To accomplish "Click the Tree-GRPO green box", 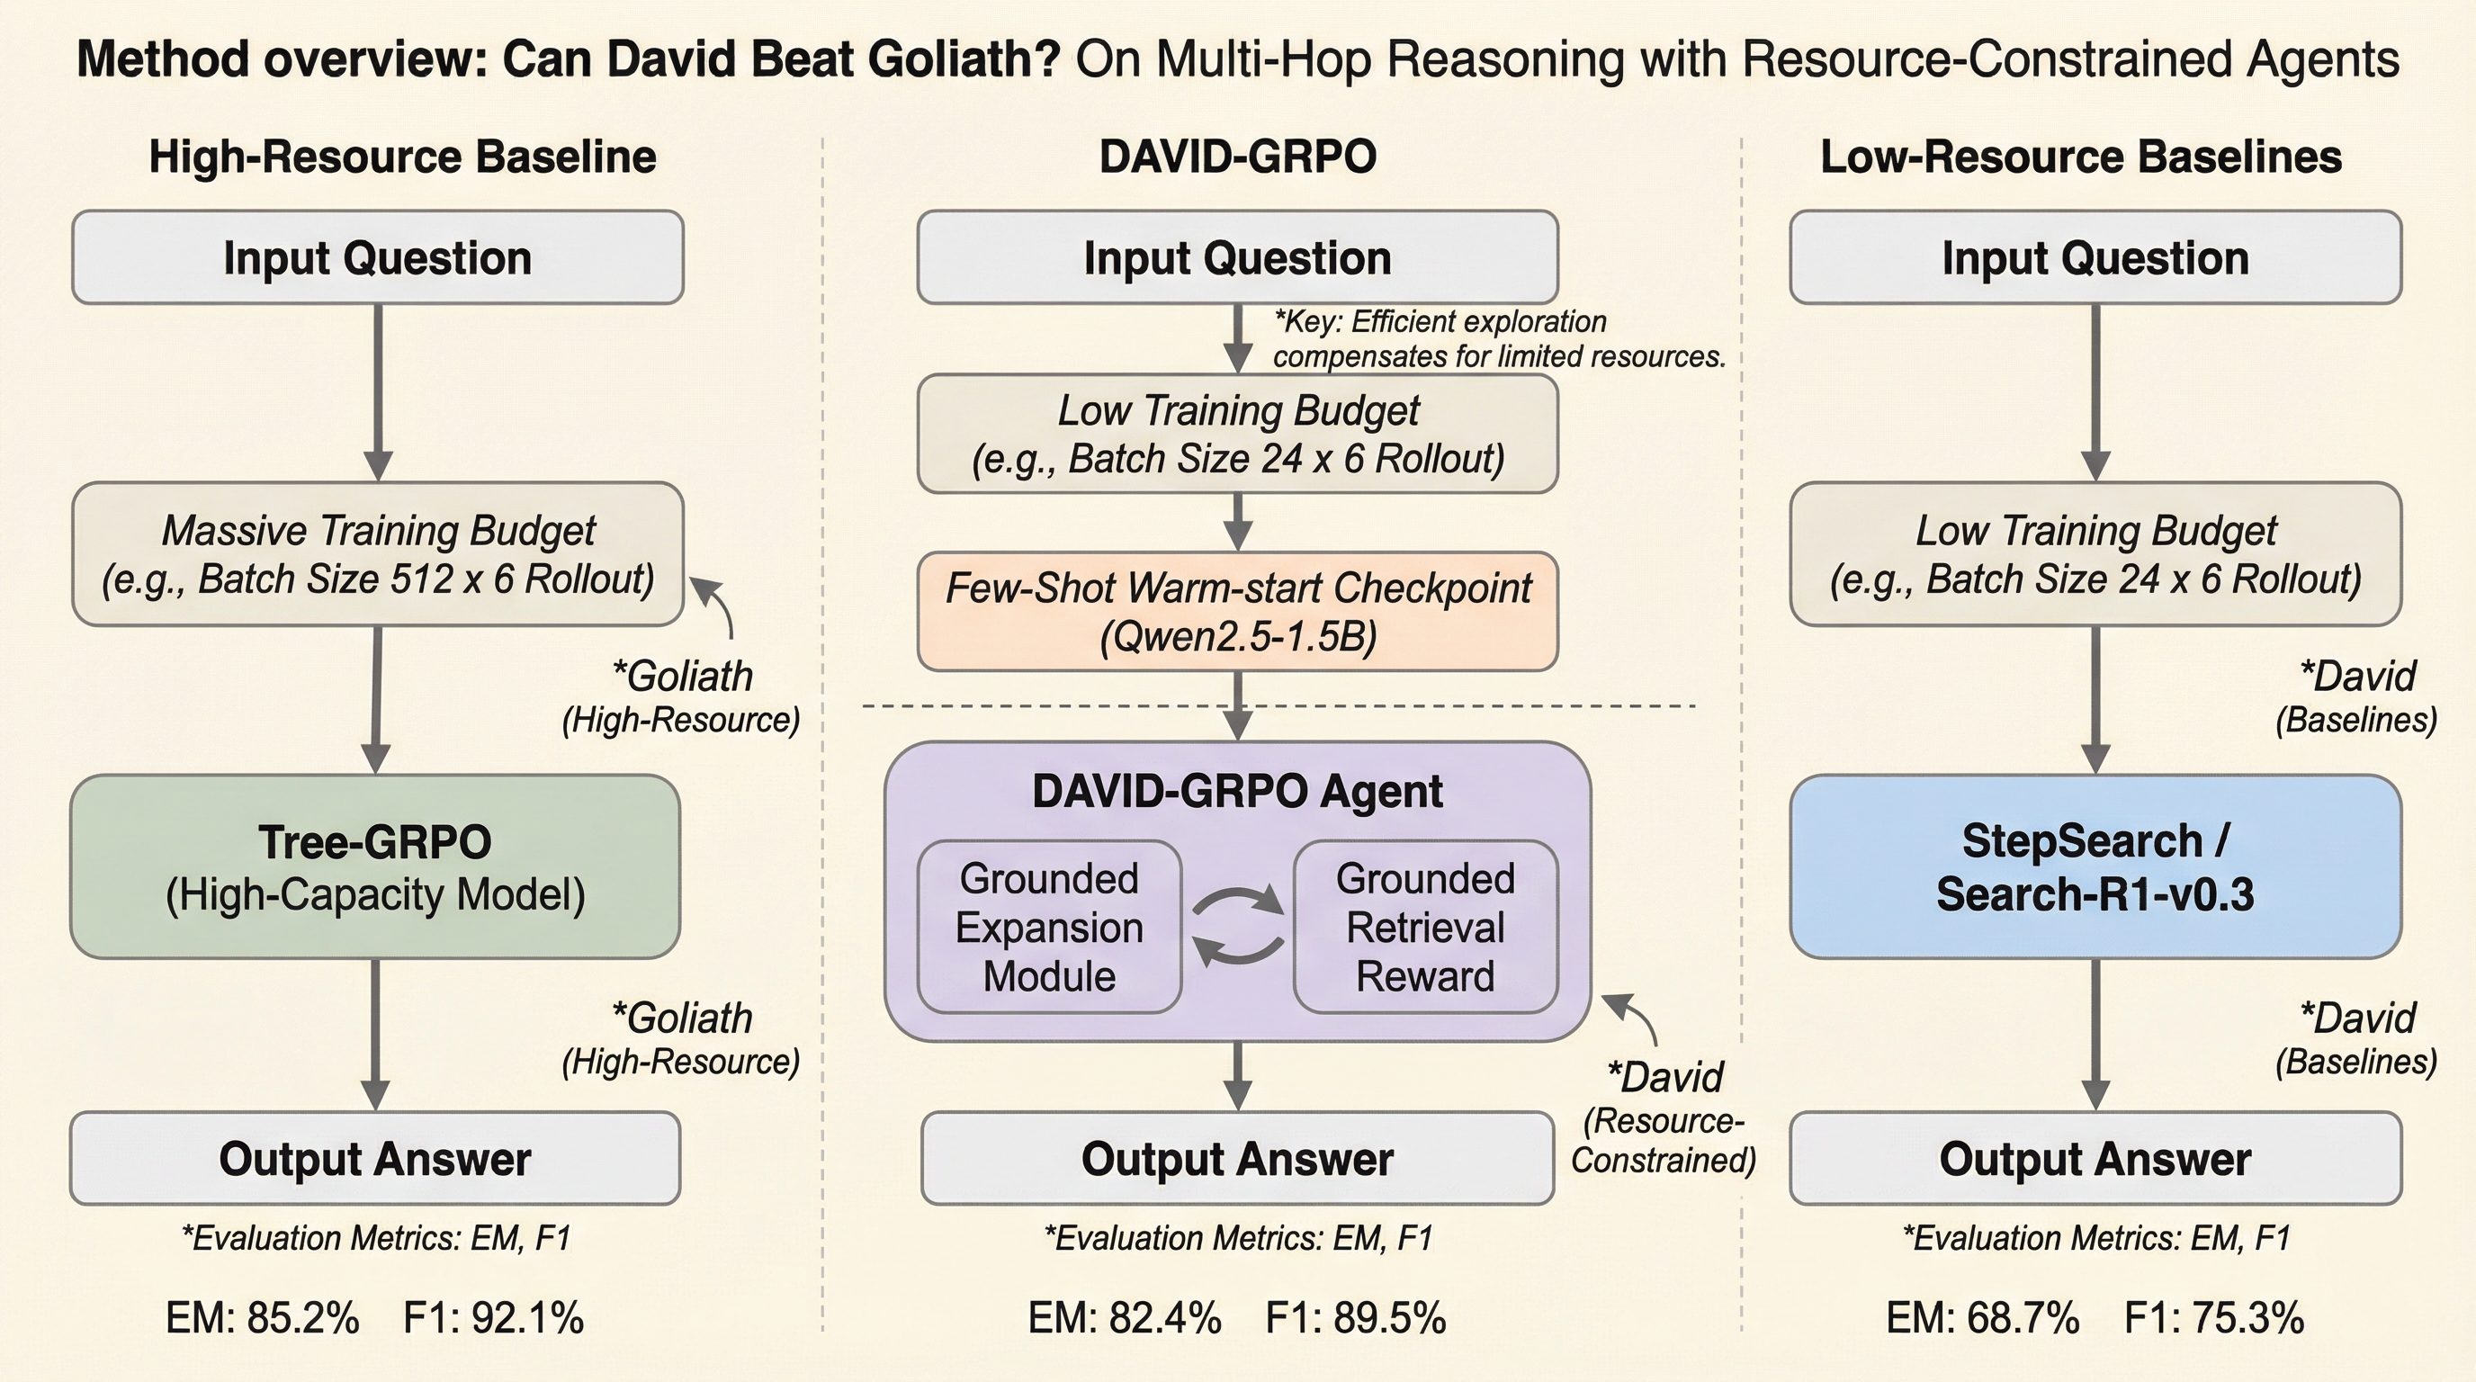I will pos(375,866).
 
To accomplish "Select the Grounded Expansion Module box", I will pos(1049,927).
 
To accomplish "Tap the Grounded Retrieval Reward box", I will pos(1424,927).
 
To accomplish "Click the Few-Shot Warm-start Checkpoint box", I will pos(1237,611).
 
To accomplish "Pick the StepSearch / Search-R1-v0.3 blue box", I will pos(2095,866).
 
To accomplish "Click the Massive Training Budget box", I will pos(378,553).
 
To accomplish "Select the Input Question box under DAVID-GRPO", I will pos(1237,257).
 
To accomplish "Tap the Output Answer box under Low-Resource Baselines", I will pos(2095,1158).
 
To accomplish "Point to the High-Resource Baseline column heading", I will pos(402,157).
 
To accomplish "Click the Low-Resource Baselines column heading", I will pos(2081,157).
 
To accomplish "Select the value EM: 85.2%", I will pos(263,1317).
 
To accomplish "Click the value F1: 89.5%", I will pos(1355,1317).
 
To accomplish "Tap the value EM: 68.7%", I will pos(1983,1317).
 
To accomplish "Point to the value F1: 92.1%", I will pos(493,1317).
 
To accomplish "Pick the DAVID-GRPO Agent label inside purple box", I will pos(1237,791).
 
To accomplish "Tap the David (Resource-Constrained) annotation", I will pos(1664,1117).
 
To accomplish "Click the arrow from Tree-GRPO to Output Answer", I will pos(375,1033).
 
